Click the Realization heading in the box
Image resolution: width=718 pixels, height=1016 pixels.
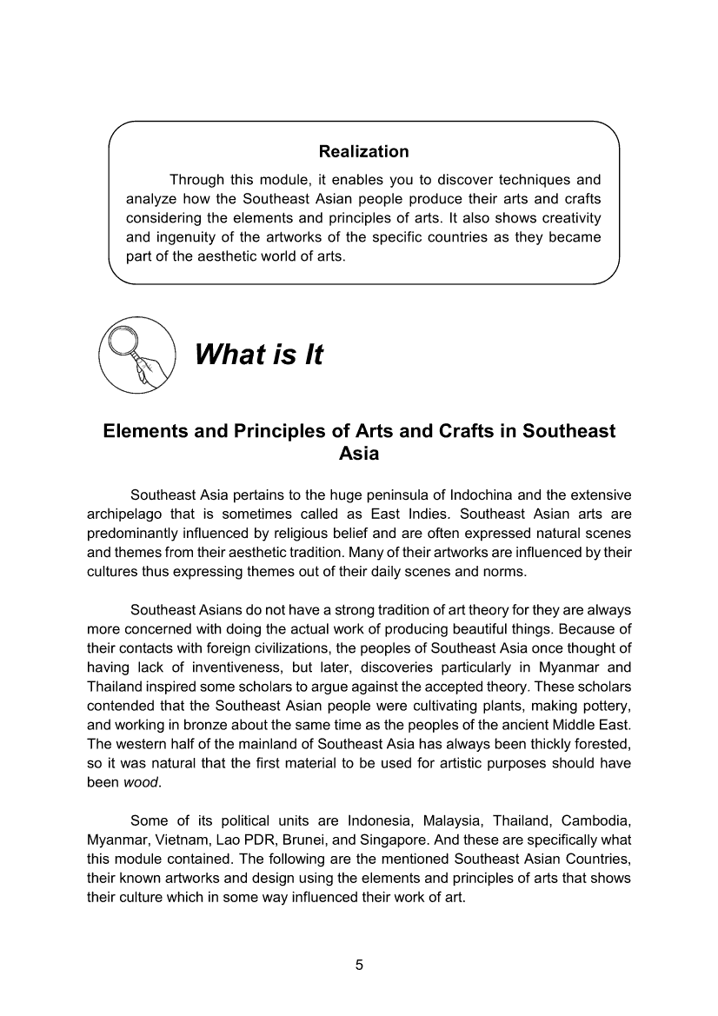(x=363, y=152)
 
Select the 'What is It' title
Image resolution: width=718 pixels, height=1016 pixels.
(x=258, y=355)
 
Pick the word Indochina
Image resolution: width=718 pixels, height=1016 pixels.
(x=471, y=495)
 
